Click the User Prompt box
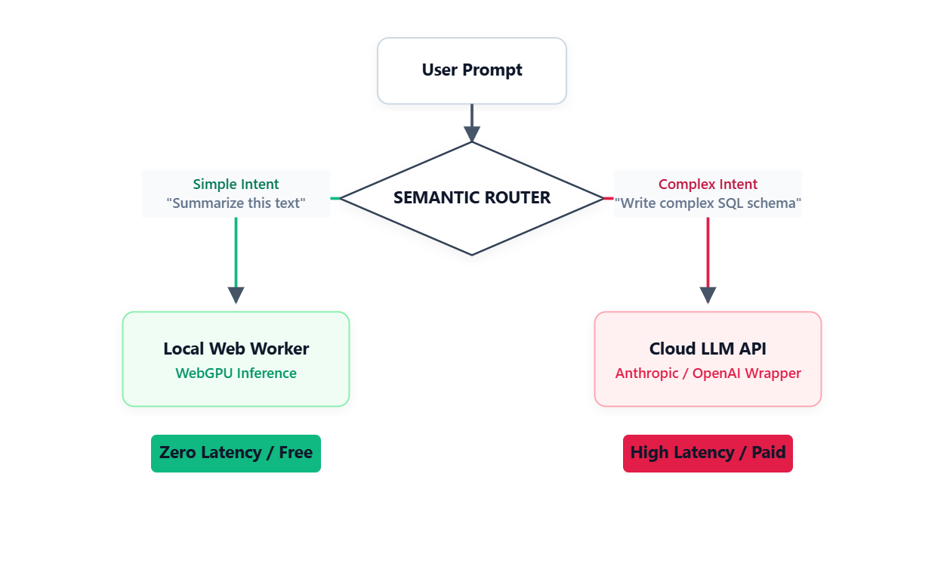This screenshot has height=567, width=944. (x=472, y=70)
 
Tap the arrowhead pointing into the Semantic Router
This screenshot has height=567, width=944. (x=472, y=134)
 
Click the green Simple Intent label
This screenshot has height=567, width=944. (x=236, y=184)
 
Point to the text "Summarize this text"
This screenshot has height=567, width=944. (x=236, y=203)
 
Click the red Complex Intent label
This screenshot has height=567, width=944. (x=708, y=184)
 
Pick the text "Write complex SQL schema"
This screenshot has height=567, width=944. (x=708, y=203)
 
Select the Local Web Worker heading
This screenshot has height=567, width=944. (x=236, y=349)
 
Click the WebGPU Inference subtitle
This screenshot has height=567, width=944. (x=236, y=373)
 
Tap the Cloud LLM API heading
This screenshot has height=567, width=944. (x=708, y=349)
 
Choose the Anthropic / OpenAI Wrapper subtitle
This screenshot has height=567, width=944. (x=708, y=373)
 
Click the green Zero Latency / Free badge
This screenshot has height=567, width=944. (x=236, y=453)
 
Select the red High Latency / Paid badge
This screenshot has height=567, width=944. (x=708, y=453)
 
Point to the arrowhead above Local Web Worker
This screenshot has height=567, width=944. (x=236, y=295)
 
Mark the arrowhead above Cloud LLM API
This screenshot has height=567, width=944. (x=708, y=295)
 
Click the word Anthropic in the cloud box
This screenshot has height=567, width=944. (x=646, y=373)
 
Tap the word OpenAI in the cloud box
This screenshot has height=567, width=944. (x=722, y=373)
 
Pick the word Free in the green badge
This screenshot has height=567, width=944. (x=295, y=453)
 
